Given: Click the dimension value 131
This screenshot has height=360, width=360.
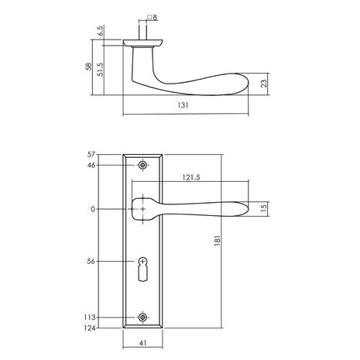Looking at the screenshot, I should tap(186, 107).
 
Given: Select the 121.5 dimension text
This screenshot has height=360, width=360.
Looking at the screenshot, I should tap(183, 177).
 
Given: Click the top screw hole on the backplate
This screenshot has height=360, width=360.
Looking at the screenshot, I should tap(142, 166).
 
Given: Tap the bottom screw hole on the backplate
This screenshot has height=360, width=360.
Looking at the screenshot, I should tap(142, 317).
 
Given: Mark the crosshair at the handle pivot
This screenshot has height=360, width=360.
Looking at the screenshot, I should tap(142, 209).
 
